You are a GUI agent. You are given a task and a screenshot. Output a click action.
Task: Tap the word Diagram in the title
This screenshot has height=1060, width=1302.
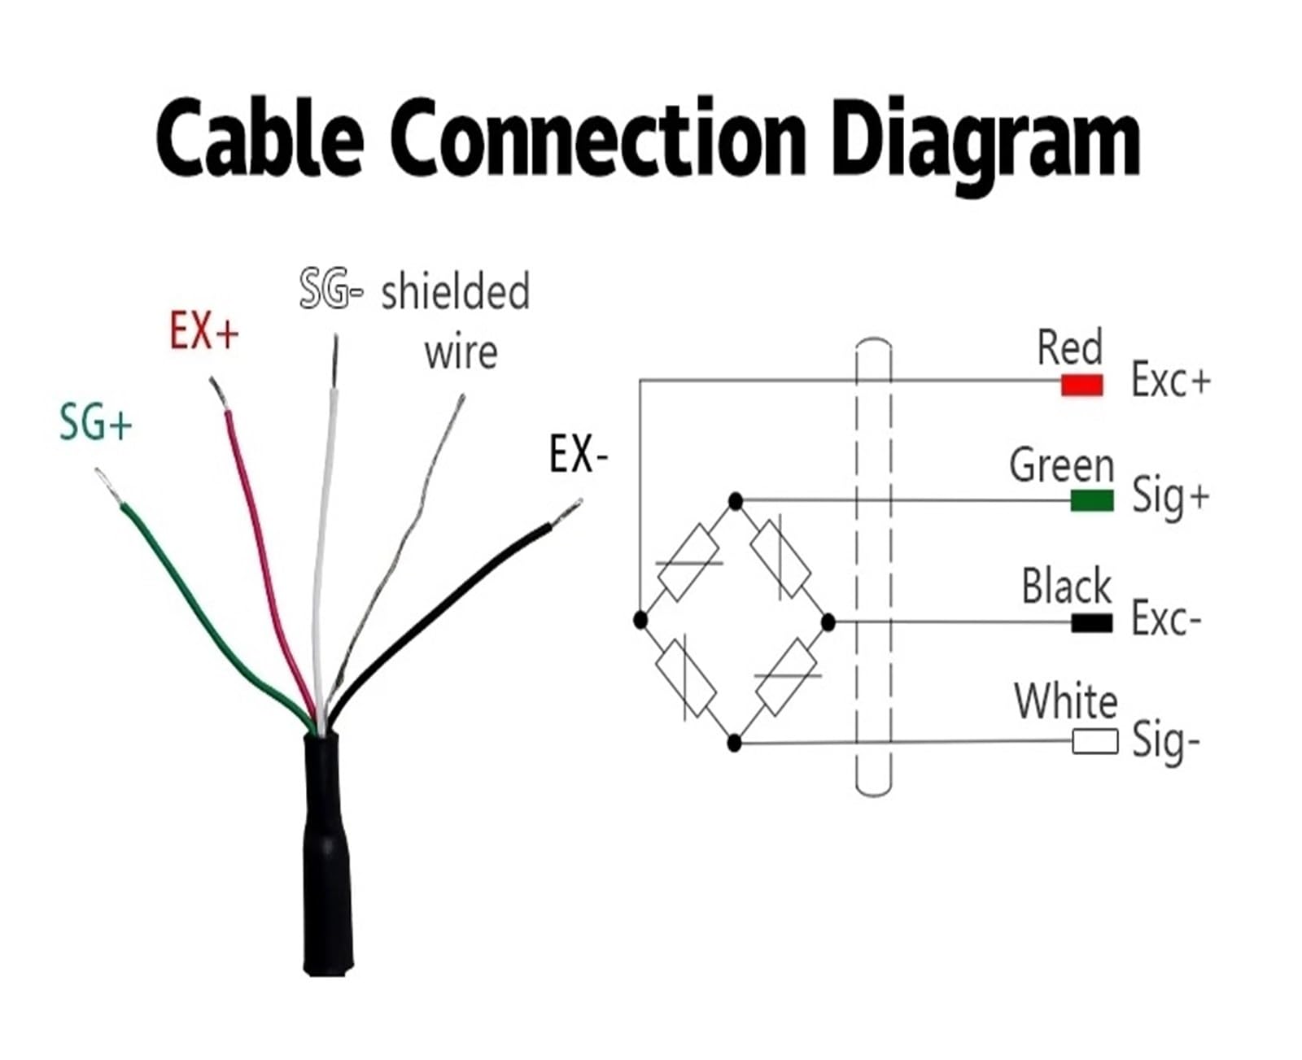[985, 146]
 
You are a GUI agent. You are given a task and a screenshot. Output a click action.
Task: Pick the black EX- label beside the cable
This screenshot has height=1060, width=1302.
[579, 454]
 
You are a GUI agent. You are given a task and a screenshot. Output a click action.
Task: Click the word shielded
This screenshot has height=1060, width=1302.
[456, 292]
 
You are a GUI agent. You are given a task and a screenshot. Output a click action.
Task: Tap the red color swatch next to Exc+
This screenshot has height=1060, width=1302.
[1082, 386]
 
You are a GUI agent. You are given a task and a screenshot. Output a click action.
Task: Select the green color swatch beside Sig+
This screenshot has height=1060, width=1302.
[1092, 500]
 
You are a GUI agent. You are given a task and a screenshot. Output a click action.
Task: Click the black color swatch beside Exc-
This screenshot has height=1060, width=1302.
[1092, 622]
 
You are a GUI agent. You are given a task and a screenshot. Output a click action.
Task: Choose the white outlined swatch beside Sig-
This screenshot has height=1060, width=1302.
[1094, 742]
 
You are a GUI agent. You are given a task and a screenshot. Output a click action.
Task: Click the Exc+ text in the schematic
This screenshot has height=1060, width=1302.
[1170, 379]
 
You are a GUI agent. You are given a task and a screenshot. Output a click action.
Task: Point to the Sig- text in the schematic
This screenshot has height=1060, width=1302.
[1166, 741]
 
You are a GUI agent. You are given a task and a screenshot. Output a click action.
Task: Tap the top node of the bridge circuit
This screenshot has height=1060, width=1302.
[736, 502]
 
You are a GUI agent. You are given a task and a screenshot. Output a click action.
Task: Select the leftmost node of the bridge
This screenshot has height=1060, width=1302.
[640, 621]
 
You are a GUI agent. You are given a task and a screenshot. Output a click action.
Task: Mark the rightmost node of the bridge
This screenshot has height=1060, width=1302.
[828, 622]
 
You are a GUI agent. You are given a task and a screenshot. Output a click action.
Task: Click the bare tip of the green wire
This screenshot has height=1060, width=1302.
[107, 486]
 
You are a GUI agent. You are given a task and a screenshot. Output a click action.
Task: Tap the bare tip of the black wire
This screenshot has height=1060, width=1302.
[567, 512]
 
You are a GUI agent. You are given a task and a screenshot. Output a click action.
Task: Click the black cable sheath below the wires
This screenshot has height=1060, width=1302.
[328, 855]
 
